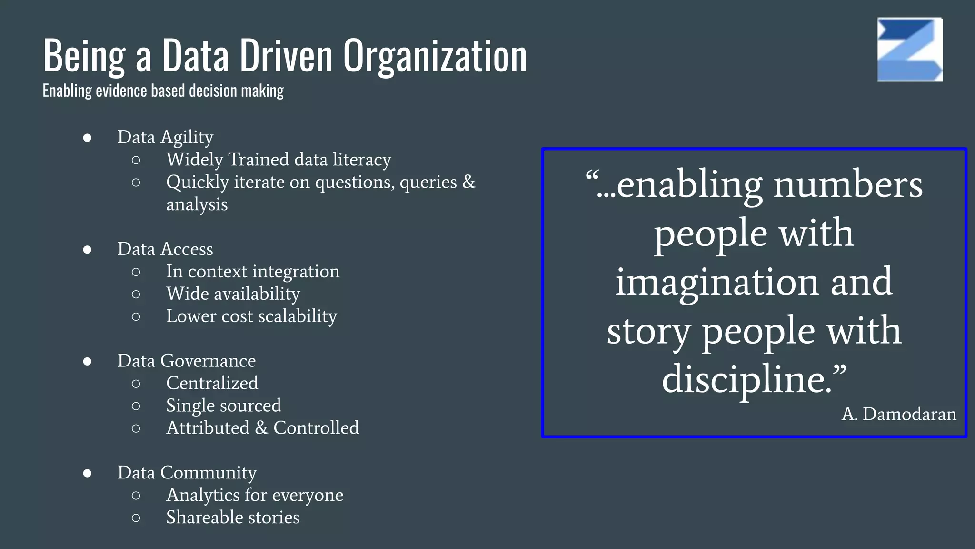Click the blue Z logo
pyautogui.click(x=910, y=50)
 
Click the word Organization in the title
pyautogui.click(x=435, y=56)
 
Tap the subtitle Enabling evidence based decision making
pyautogui.click(x=163, y=91)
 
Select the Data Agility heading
pyautogui.click(x=165, y=137)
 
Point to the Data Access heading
pyautogui.click(x=165, y=249)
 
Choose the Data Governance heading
pyautogui.click(x=187, y=361)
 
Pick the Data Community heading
pyautogui.click(x=187, y=473)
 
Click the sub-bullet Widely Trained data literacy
pyautogui.click(x=279, y=160)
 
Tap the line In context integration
pyautogui.click(x=253, y=272)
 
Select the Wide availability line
pyautogui.click(x=233, y=294)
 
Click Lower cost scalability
pyautogui.click(x=251, y=316)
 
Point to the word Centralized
pyautogui.click(x=212, y=383)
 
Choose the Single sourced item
pyautogui.click(x=223, y=406)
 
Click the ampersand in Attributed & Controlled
pyautogui.click(x=261, y=428)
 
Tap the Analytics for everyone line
pyautogui.click(x=255, y=495)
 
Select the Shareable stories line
pyautogui.click(x=233, y=518)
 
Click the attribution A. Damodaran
pyautogui.click(x=899, y=414)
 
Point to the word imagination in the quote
pyautogui.click(x=717, y=282)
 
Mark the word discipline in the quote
pyautogui.click(x=746, y=379)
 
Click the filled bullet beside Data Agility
pyautogui.click(x=87, y=138)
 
